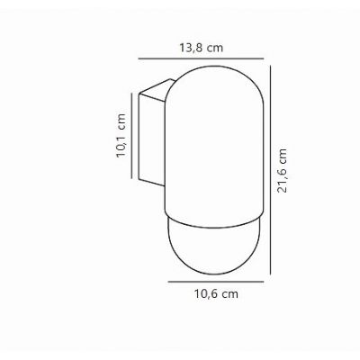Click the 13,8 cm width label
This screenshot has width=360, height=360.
201,48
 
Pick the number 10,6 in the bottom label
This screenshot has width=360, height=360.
205,293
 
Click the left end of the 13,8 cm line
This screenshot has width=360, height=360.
137,60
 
